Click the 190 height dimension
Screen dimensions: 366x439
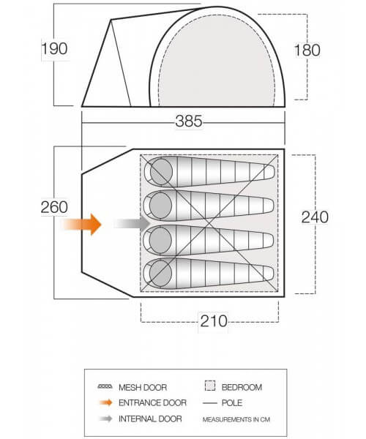point(55,49)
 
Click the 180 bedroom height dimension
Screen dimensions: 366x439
point(307,50)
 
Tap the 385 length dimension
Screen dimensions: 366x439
point(189,121)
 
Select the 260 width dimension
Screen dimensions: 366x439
point(54,208)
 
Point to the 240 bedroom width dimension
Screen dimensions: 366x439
point(315,217)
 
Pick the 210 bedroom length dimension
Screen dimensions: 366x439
point(214,321)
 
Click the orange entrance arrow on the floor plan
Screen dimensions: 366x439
point(82,225)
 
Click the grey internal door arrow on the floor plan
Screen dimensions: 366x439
point(132,224)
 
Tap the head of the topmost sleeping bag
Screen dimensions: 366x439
point(161,171)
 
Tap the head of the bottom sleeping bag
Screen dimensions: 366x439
point(160,274)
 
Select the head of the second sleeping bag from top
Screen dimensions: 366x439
point(160,205)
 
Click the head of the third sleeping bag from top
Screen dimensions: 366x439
point(160,240)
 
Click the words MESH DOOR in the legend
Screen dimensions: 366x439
point(143,388)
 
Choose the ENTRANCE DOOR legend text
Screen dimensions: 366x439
point(152,403)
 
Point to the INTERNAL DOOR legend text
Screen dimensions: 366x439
point(150,419)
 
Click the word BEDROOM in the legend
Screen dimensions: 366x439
point(242,388)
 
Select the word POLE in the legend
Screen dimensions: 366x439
point(232,403)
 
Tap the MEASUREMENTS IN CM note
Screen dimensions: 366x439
point(236,419)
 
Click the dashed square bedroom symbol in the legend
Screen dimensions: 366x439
point(210,386)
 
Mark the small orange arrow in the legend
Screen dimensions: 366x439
point(106,403)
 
